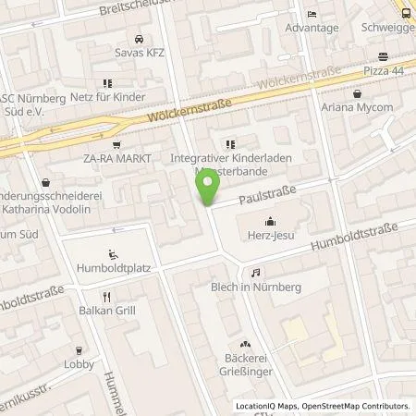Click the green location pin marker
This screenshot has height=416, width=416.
(210, 186)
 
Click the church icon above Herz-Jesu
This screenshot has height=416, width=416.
(269, 220)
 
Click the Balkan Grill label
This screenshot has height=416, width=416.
(108, 310)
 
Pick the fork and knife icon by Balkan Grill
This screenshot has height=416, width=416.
(108, 296)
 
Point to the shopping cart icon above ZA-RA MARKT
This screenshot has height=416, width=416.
(116, 144)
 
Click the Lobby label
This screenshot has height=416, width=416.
(80, 363)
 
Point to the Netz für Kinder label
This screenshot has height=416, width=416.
(99, 98)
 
